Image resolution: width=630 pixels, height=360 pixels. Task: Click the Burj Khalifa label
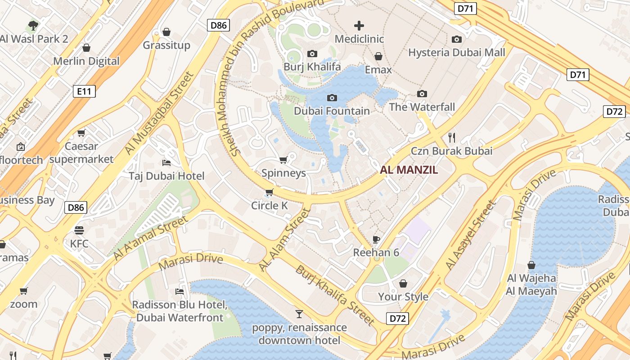312,67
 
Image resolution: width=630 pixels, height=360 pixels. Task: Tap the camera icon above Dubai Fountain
332,98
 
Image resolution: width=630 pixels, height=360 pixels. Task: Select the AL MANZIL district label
409,170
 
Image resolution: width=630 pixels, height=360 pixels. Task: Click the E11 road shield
84,92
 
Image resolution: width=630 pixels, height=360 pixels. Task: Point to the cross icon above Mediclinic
359,26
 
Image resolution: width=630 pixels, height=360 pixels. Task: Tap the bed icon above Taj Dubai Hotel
166,162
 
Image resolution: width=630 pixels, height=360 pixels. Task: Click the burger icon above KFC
79,230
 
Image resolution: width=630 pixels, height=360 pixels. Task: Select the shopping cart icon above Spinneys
283,160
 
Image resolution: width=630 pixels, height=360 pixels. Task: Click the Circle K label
269,206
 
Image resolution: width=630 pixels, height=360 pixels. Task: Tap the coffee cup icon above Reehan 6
376,239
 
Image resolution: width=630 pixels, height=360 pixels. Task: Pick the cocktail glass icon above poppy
299,314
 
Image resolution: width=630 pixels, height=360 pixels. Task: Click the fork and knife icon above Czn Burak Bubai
452,137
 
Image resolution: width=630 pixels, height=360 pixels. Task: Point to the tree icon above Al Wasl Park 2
33,25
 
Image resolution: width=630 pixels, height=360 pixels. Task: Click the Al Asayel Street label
471,235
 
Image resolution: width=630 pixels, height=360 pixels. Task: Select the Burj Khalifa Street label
335,295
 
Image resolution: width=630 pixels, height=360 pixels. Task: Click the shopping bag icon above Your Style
403,283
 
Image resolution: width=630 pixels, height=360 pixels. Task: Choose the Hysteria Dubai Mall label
456,53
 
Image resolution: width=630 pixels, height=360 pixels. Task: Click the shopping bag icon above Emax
378,56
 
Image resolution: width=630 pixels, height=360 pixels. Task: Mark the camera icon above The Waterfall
422,94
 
